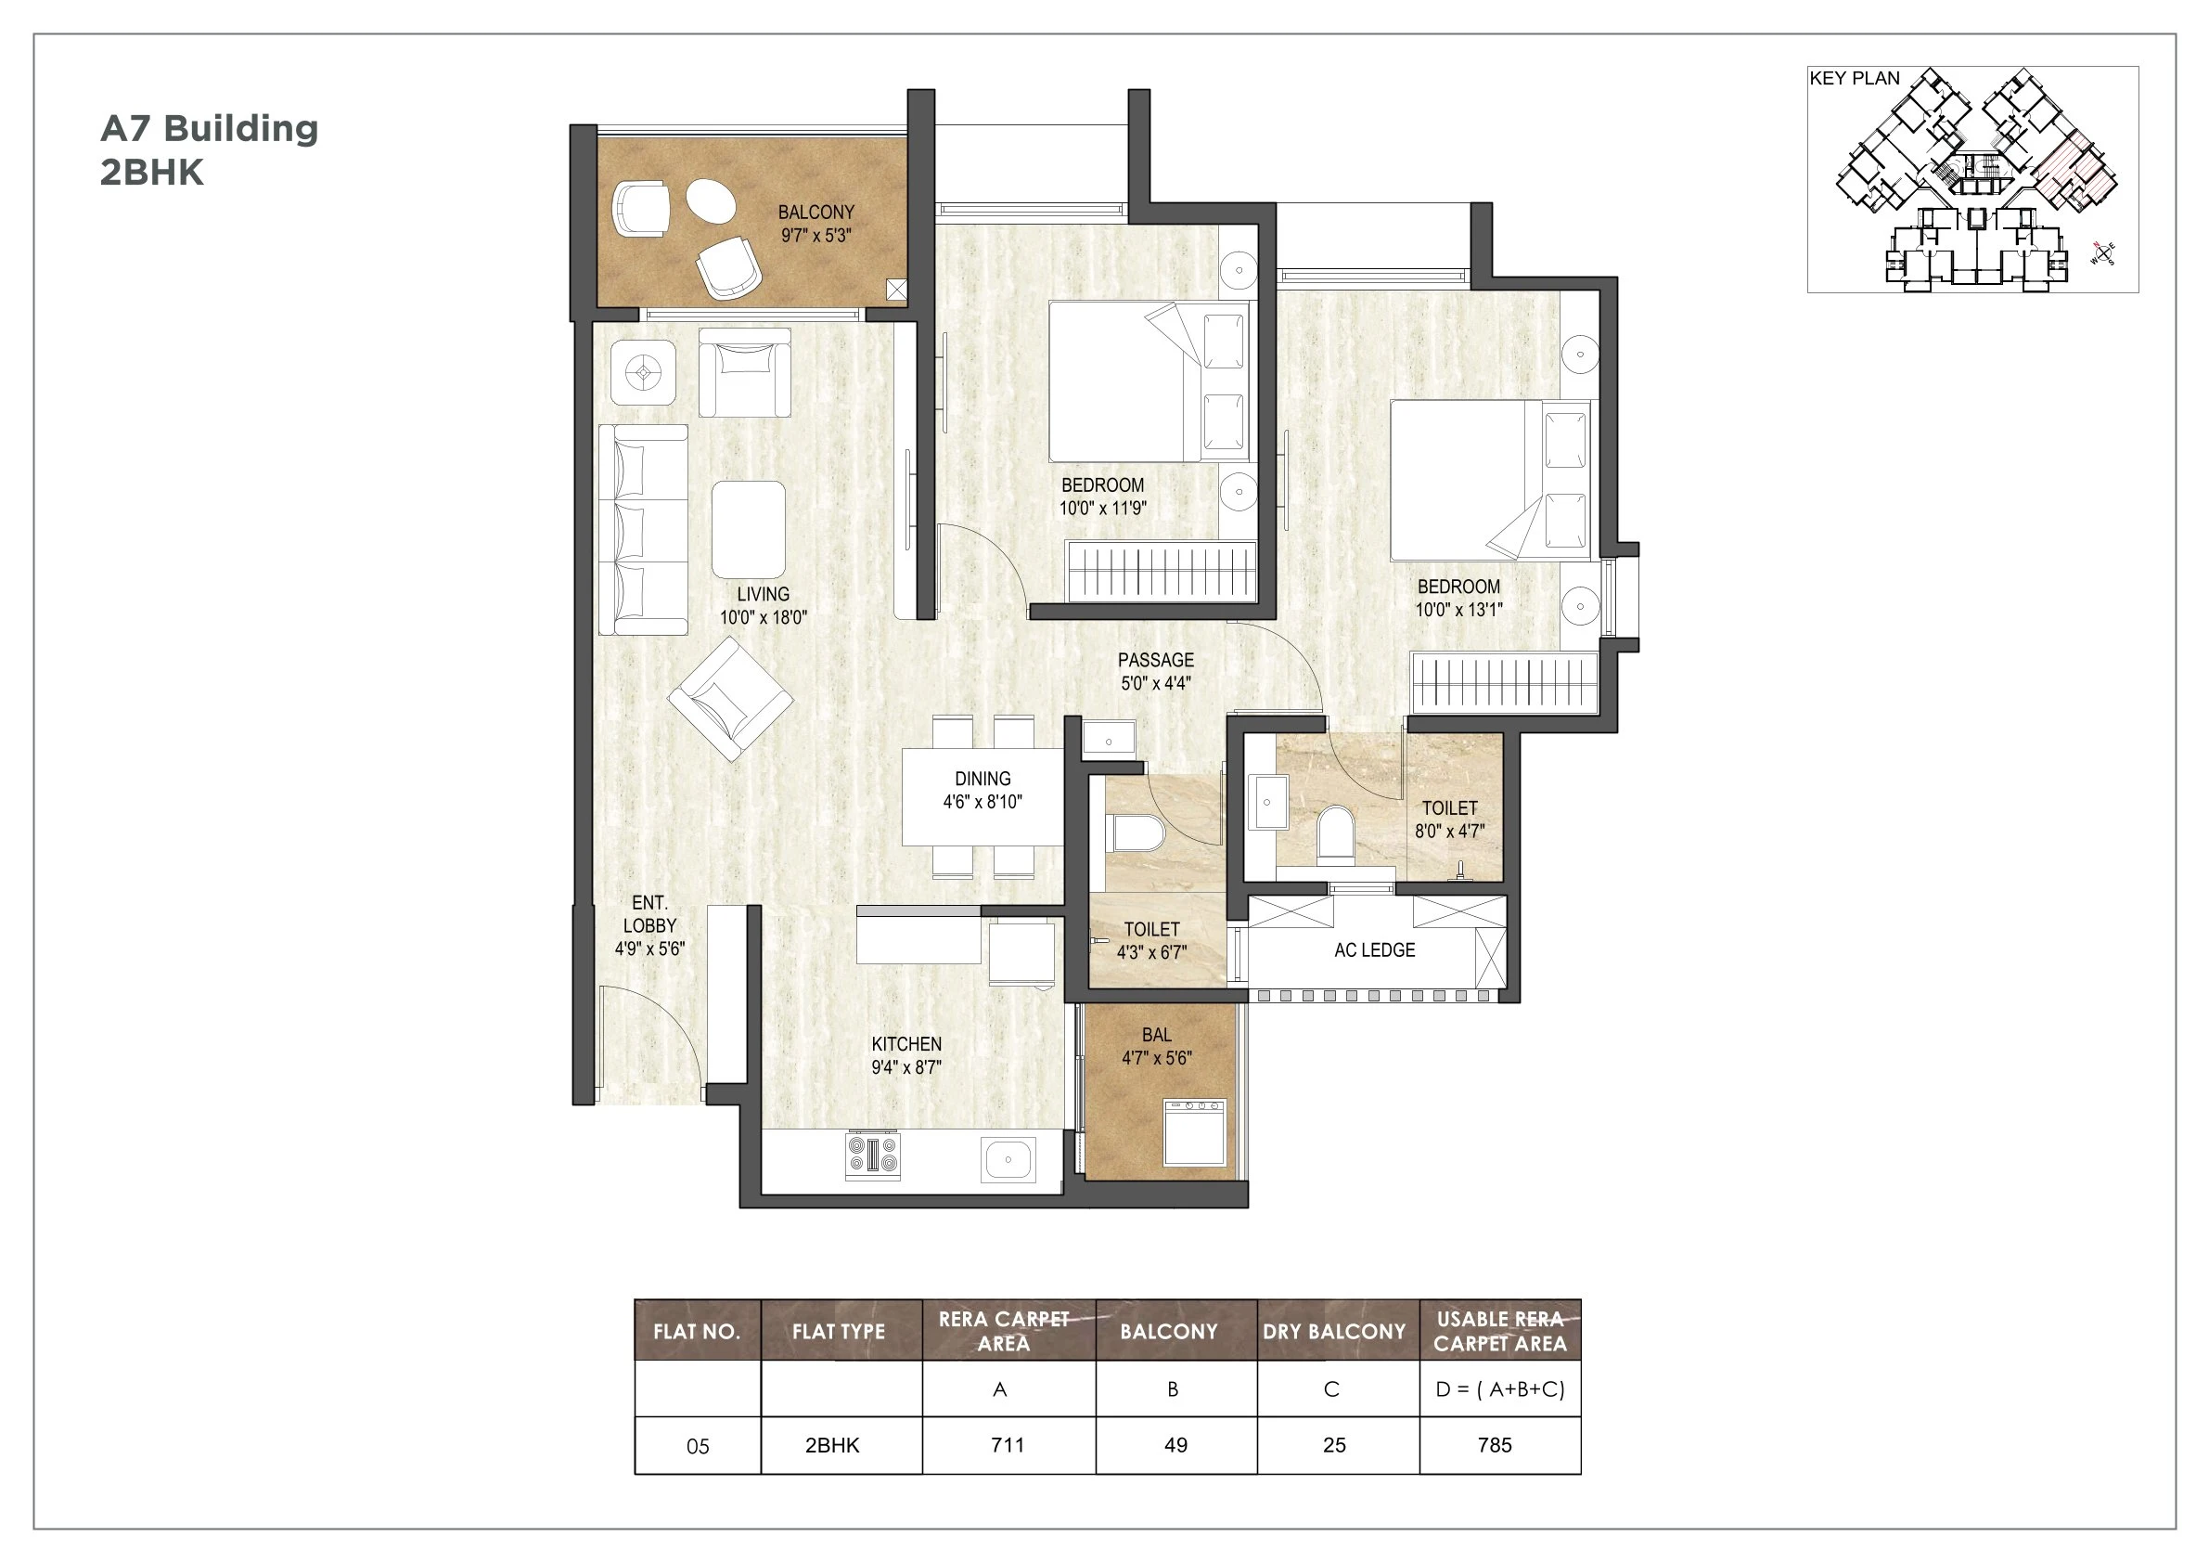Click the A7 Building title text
click(x=209, y=128)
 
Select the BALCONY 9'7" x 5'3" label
click(x=816, y=224)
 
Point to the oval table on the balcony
click(x=711, y=201)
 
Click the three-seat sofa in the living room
click(x=643, y=529)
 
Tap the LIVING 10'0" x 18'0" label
click(x=763, y=606)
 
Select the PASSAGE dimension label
click(x=1155, y=672)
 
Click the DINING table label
click(x=982, y=789)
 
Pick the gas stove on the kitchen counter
click(x=873, y=1155)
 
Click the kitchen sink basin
click(x=1008, y=1159)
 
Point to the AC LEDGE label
click(x=1374, y=949)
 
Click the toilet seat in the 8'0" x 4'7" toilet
click(x=1334, y=832)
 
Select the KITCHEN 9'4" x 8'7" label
click(x=906, y=1055)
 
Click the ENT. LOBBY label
click(x=649, y=925)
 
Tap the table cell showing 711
click(x=1008, y=1444)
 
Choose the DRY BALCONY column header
click(x=1333, y=1331)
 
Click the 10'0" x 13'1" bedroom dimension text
click(x=1458, y=609)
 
